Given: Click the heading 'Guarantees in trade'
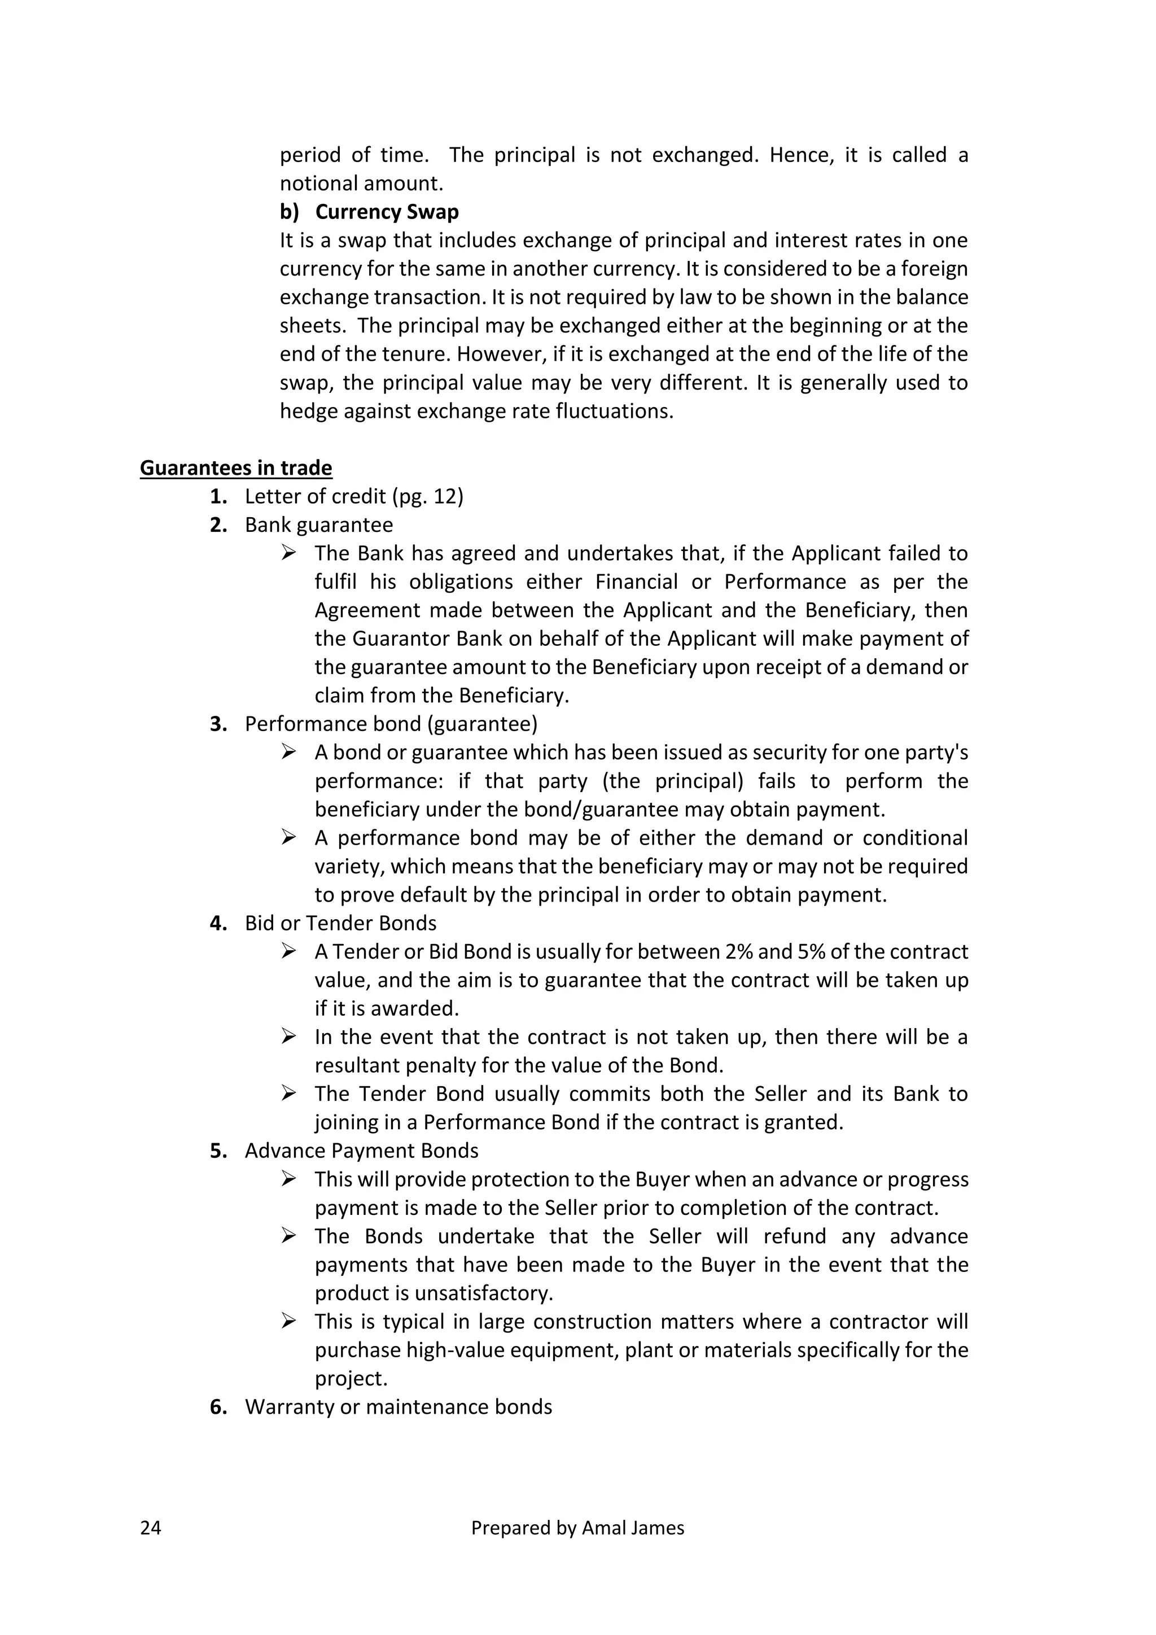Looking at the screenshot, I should (235, 468).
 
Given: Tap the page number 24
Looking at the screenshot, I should (151, 1528).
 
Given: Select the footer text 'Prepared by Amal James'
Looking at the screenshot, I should (577, 1528).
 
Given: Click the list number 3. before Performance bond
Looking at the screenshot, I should (218, 724).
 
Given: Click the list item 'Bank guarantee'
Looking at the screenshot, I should (318, 525).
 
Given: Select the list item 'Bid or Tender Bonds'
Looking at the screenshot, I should (340, 924).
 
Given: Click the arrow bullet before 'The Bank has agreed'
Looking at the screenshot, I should (288, 553).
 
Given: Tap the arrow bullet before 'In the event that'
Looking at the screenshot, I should (288, 1037).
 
